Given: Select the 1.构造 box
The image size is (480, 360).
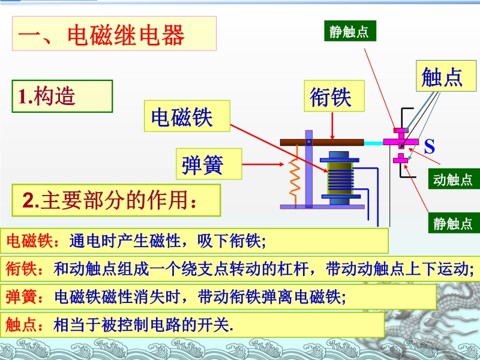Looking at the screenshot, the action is pyautogui.click(x=62, y=96).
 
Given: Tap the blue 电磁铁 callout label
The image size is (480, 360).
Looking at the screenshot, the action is pyautogui.click(x=187, y=116).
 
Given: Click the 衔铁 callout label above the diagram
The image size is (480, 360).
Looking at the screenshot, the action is pyautogui.click(x=334, y=96).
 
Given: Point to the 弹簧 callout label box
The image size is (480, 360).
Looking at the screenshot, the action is pyautogui.click(x=209, y=164).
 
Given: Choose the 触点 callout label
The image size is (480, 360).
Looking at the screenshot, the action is pyautogui.click(x=446, y=76).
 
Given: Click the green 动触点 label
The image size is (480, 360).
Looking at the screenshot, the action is pyautogui.click(x=454, y=179).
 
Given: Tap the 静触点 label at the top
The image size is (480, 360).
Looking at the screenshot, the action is pyautogui.click(x=350, y=31).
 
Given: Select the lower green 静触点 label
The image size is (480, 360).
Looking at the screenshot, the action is pyautogui.click(x=454, y=223).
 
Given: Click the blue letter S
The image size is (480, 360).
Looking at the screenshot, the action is pyautogui.click(x=430, y=146).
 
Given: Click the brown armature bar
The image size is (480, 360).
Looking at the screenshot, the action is pyautogui.click(x=322, y=142).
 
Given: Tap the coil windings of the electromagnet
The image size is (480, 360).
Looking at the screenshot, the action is pyautogui.click(x=340, y=179).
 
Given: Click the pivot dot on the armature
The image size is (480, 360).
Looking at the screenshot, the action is pyautogui.click(x=309, y=142).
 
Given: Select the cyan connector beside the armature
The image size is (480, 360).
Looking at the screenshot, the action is pyautogui.click(x=373, y=143).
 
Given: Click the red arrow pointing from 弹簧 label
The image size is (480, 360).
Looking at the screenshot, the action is pyautogui.click(x=263, y=164).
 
